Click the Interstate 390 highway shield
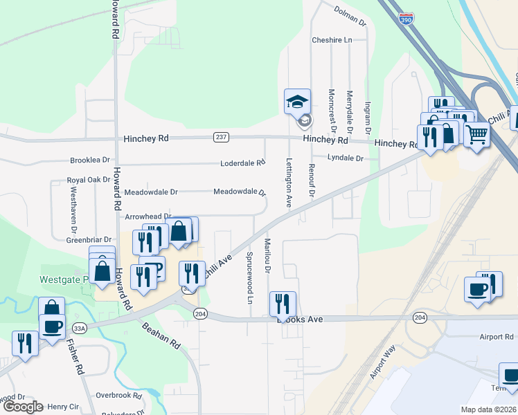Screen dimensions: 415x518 [x=409, y=20]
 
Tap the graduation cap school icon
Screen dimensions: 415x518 [x=298, y=102]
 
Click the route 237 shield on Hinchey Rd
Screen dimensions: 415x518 [x=221, y=137]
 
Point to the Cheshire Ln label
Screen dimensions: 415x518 [x=332, y=40]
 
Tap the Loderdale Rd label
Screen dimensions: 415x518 [x=242, y=163]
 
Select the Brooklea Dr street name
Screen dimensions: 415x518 [x=90, y=160]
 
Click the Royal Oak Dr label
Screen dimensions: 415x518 [x=89, y=179]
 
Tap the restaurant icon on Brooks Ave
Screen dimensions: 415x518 [x=283, y=303]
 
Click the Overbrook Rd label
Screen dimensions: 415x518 [x=118, y=396]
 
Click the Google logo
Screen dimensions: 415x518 [x=23, y=407]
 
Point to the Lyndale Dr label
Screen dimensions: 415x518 [x=346, y=158]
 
